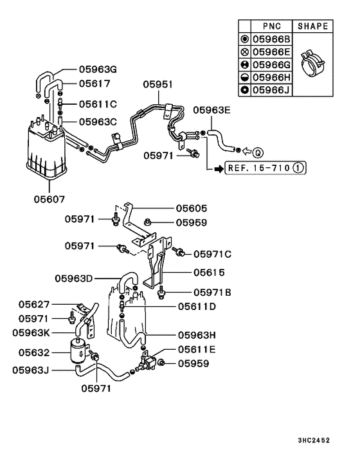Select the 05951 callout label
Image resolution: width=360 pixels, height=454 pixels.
[158, 85]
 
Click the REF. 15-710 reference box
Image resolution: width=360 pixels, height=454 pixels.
[257, 169]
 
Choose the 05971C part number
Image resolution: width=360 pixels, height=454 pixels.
[212, 254]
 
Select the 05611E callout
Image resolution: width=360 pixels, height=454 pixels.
[197, 350]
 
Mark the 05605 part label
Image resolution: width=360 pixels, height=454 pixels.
[192, 208]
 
